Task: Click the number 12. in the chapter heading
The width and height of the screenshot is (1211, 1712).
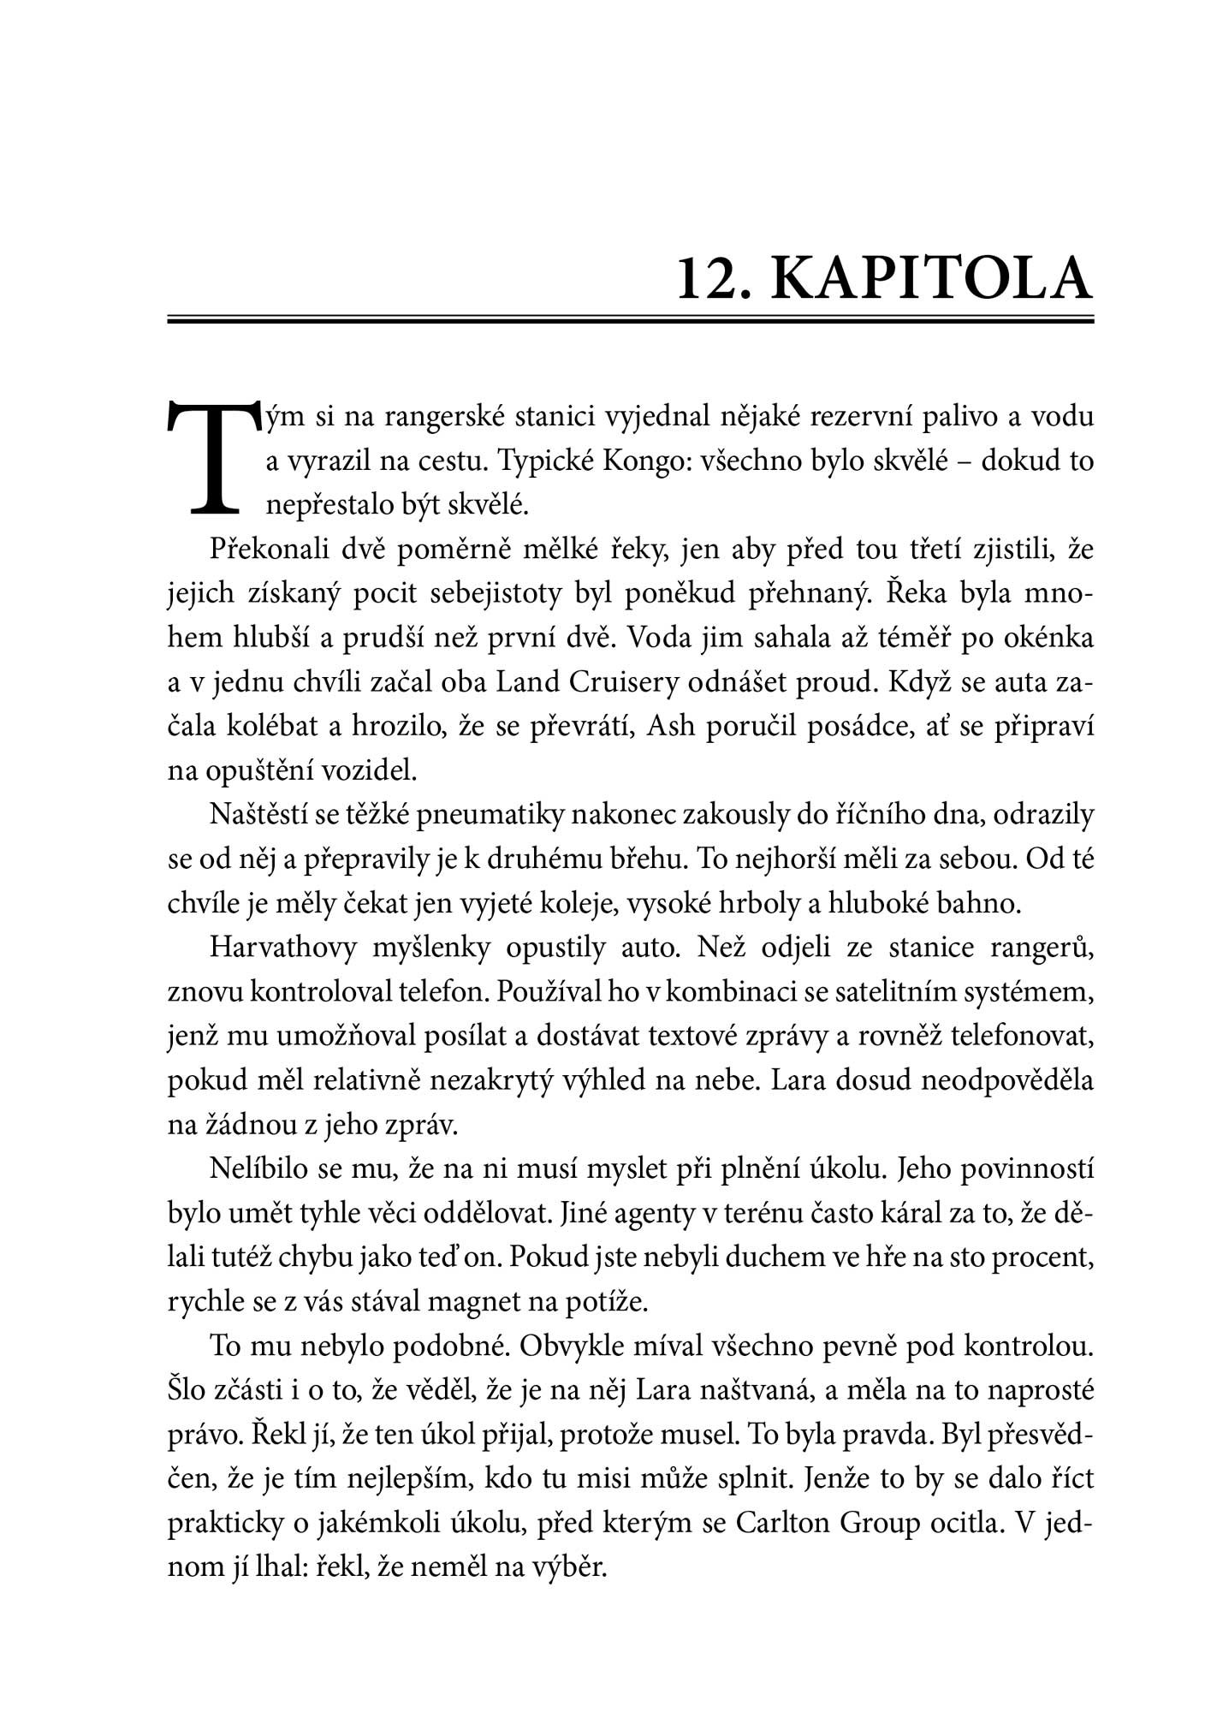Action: pos(715,278)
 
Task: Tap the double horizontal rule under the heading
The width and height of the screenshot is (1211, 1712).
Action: pos(630,321)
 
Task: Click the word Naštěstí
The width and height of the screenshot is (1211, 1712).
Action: pos(259,814)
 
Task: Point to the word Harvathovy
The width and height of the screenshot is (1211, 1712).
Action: pos(278,948)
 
